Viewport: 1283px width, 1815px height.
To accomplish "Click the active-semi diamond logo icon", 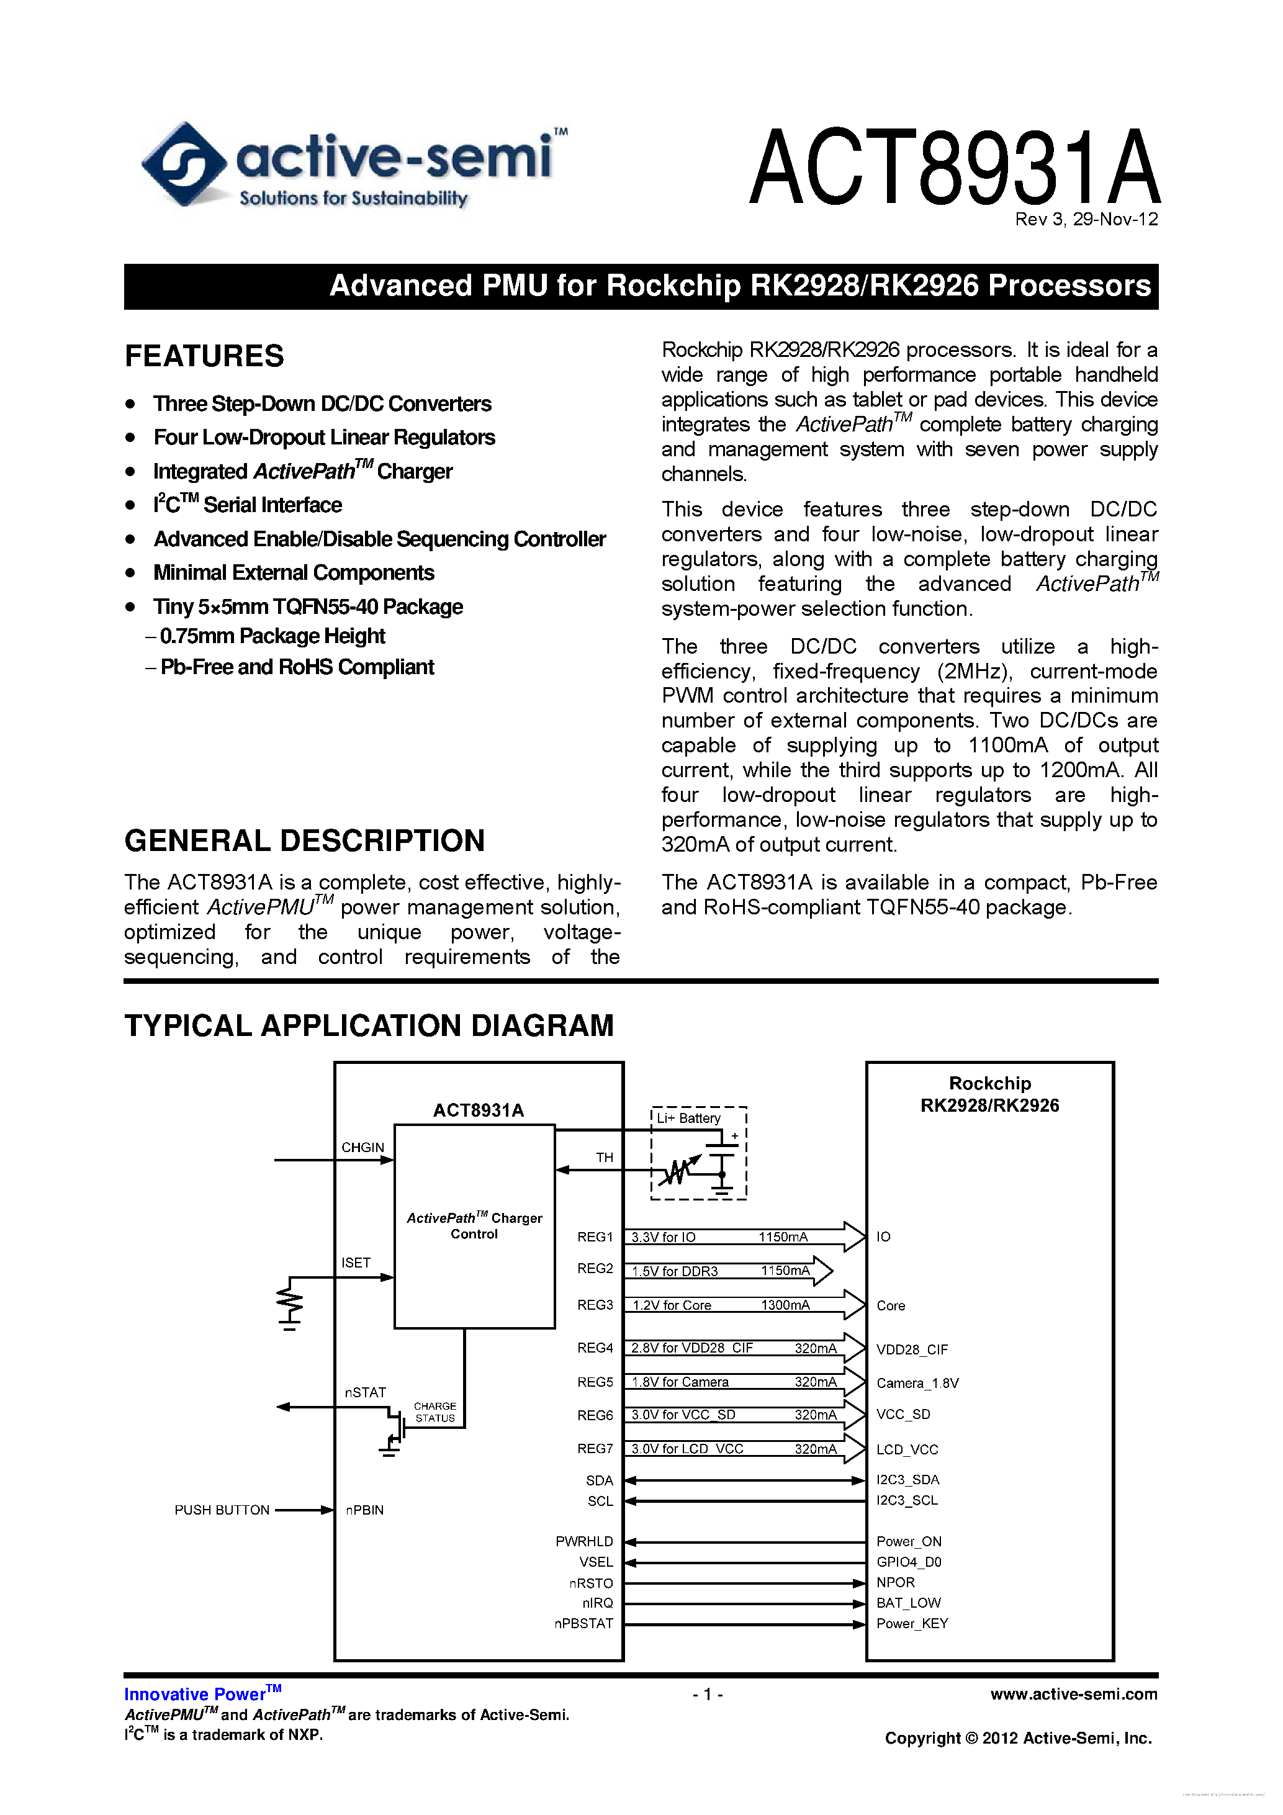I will click(183, 164).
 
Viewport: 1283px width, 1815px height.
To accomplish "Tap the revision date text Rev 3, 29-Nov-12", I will click(1086, 220).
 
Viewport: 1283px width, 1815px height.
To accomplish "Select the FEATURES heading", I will click(204, 356).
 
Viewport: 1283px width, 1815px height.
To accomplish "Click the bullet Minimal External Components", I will click(293, 572).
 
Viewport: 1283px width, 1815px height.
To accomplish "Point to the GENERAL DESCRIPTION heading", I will click(304, 840).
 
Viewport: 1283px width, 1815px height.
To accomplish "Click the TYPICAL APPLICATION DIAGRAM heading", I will click(368, 1025).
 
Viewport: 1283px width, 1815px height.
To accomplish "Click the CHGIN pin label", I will click(362, 1147).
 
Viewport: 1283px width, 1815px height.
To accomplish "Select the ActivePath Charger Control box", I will click(474, 1226).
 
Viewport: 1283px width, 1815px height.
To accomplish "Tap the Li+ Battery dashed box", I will click(699, 1153).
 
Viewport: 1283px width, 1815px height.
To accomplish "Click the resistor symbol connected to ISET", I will click(289, 1300).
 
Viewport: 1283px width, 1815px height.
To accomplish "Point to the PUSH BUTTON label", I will click(222, 1510).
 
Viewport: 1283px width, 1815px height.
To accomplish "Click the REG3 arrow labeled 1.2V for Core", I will click(743, 1305).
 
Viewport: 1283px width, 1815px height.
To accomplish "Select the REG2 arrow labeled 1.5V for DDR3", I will click(727, 1271).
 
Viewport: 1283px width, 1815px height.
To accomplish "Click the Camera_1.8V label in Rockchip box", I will click(917, 1382).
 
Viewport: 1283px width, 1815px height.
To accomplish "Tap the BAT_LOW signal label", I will click(908, 1602).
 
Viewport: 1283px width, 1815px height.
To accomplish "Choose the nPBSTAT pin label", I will click(583, 1623).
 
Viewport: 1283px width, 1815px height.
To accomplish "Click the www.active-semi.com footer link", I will click(1073, 1694).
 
